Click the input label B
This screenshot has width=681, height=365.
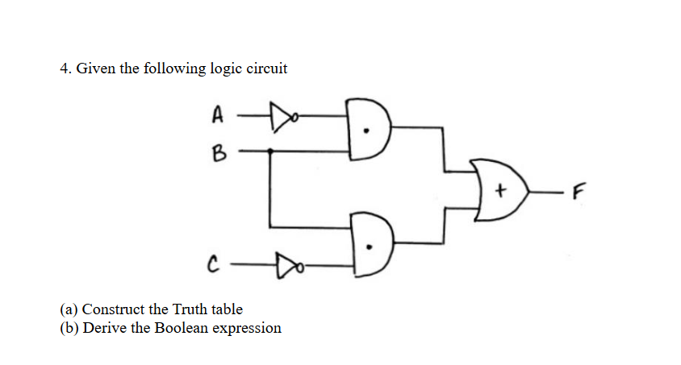(216, 150)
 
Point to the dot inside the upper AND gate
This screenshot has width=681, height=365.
(369, 134)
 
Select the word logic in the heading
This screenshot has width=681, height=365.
(224, 69)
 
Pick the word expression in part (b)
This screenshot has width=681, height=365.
(247, 329)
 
